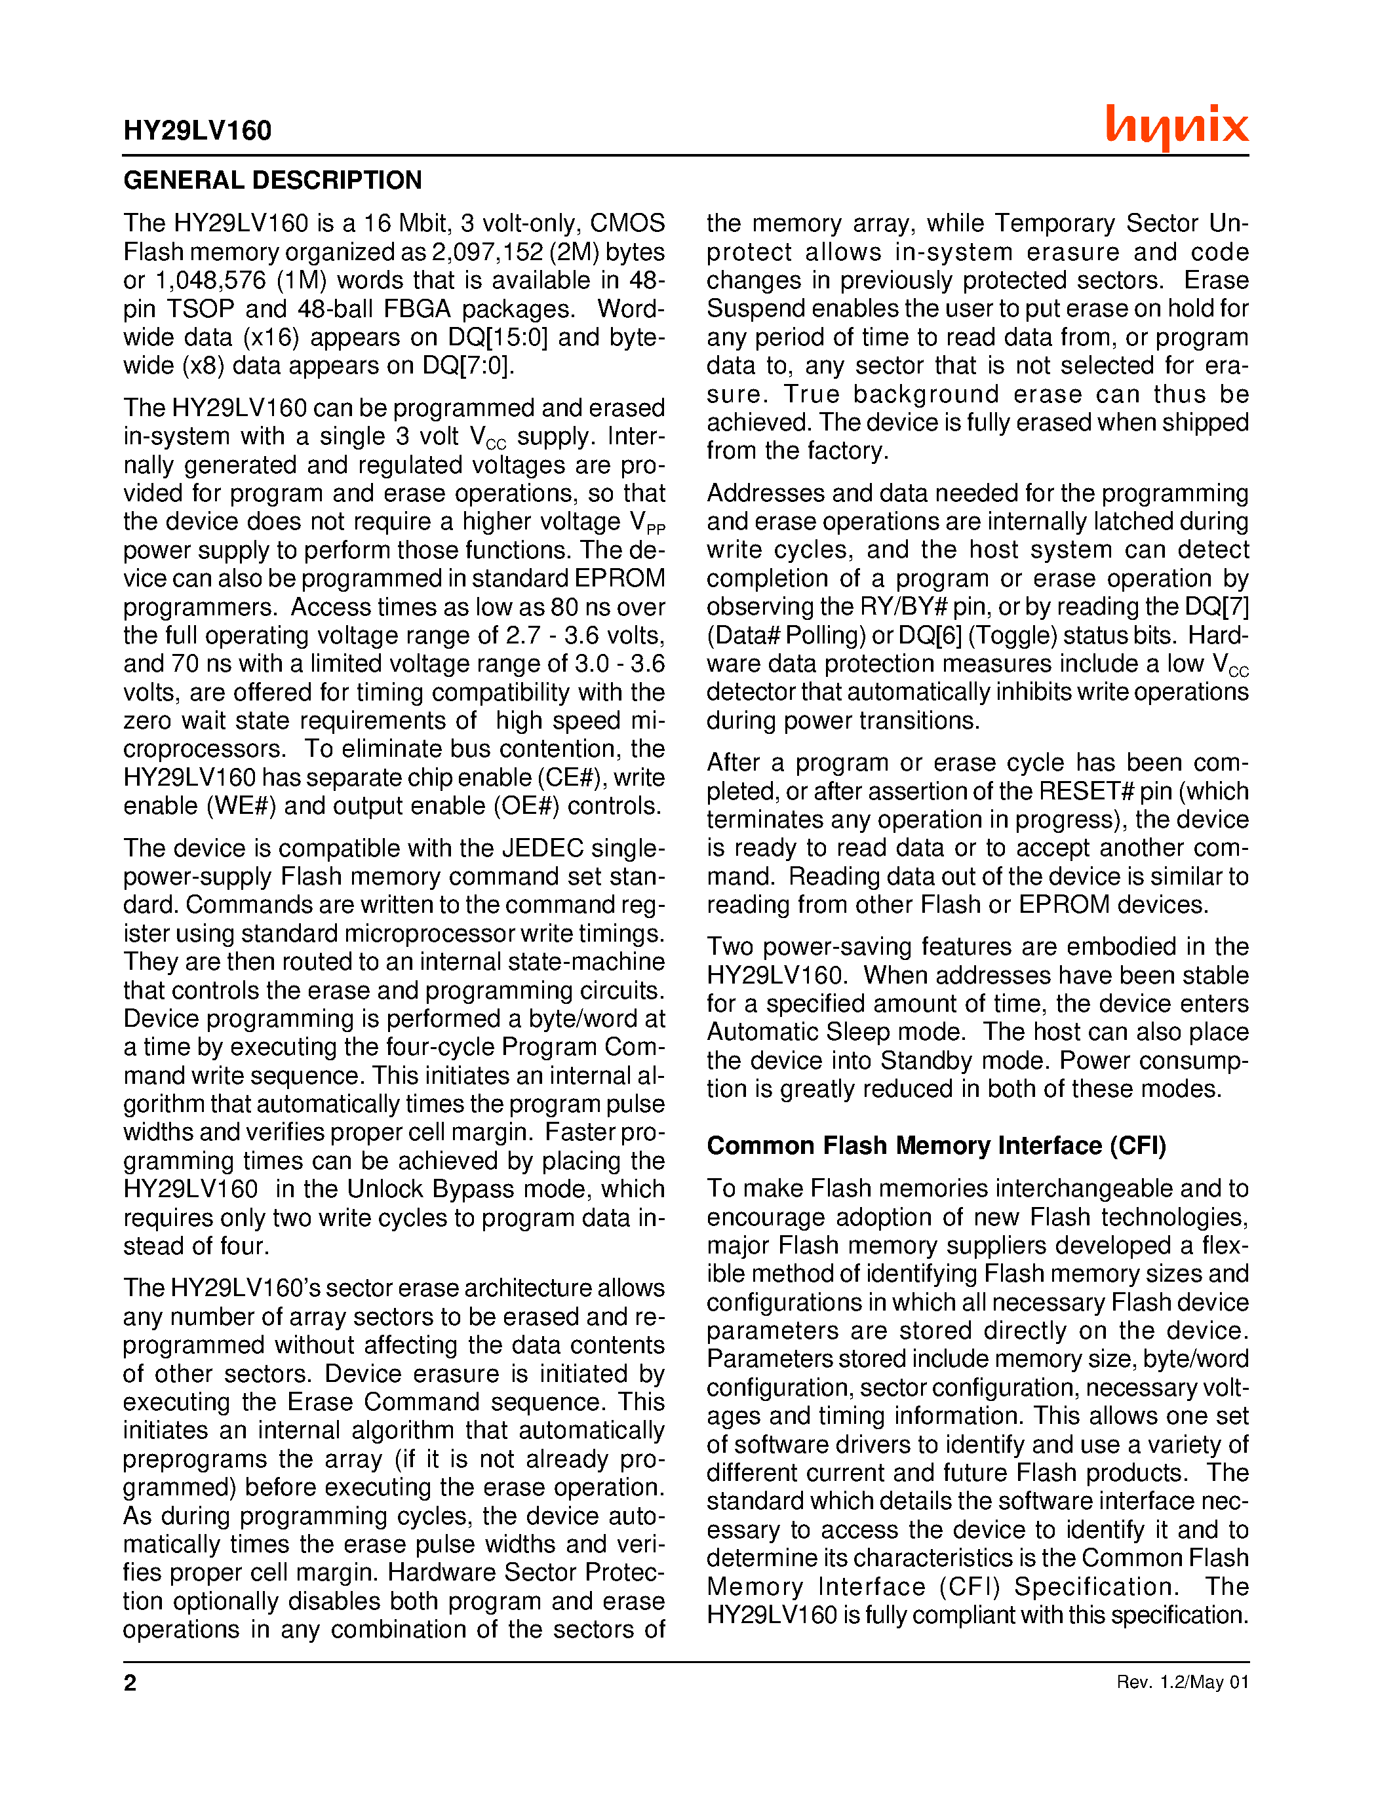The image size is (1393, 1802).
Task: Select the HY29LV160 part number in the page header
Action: click(197, 130)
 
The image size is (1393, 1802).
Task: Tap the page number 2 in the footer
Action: click(130, 1682)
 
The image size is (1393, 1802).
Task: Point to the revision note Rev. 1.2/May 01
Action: click(1182, 1682)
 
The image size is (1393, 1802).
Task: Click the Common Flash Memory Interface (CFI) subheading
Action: click(936, 1146)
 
